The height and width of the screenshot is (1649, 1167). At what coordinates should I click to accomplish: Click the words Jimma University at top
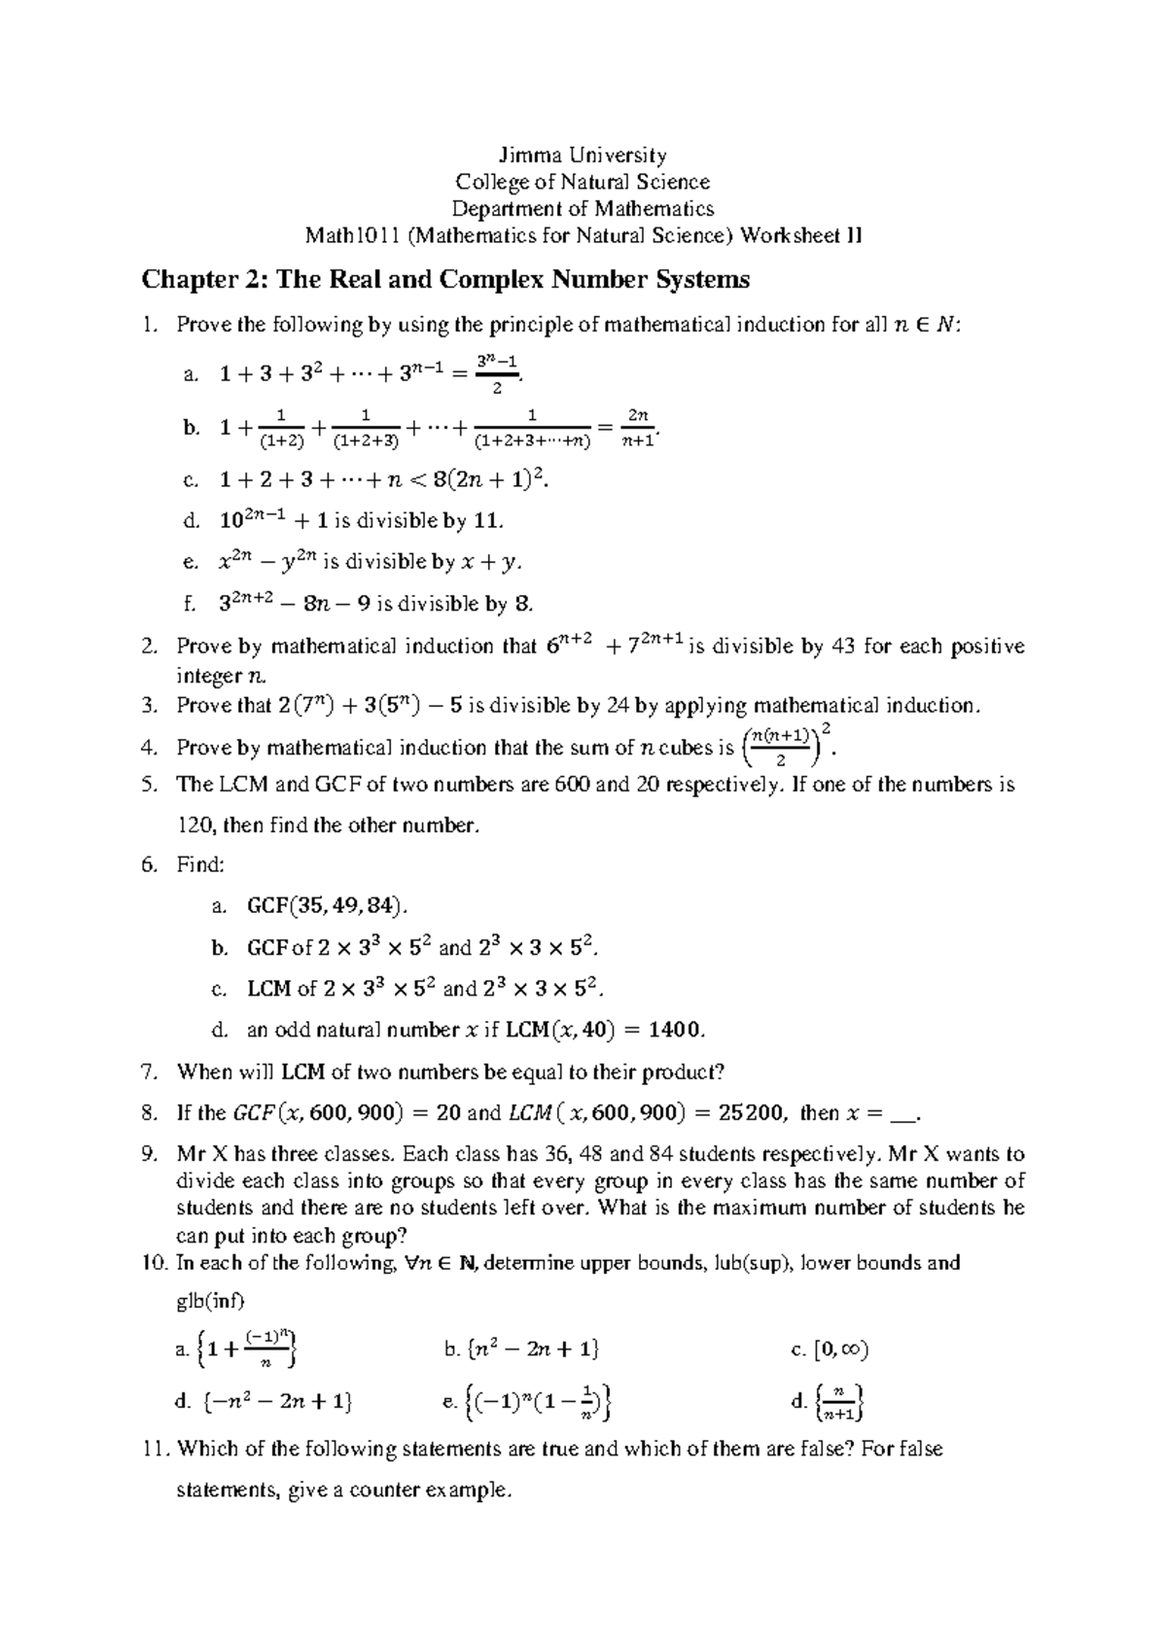(x=583, y=155)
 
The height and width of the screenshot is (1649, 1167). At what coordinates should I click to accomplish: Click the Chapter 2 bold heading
(x=445, y=280)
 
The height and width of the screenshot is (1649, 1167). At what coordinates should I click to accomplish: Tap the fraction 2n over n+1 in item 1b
(x=638, y=428)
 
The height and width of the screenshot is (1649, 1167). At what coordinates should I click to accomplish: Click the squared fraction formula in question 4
(x=786, y=746)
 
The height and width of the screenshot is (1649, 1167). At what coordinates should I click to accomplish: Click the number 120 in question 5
(x=194, y=826)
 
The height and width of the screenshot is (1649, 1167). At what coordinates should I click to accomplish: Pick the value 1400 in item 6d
(x=671, y=1030)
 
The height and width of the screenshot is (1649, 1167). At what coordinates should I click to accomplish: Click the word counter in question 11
(x=382, y=1491)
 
